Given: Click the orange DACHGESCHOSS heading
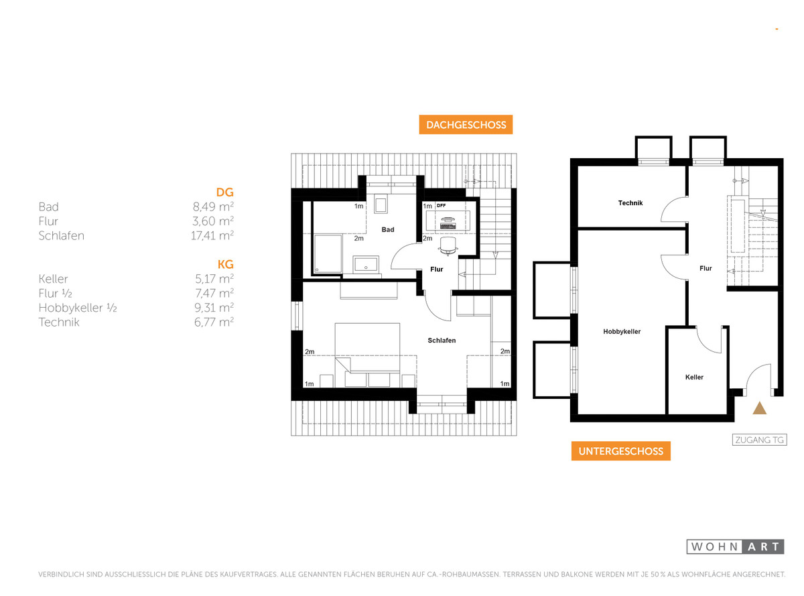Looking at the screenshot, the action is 466,125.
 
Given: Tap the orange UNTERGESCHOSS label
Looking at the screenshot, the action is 620,451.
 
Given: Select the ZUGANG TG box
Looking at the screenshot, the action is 759,440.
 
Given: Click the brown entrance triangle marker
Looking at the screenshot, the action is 759,408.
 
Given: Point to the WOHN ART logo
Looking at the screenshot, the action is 735,546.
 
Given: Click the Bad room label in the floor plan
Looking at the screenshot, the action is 387,230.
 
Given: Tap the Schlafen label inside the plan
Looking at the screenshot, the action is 442,341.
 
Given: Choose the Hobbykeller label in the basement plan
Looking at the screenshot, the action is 622,332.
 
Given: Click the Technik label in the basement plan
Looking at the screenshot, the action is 630,202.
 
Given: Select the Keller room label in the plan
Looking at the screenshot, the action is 694,377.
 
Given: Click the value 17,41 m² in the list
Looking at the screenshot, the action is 212,236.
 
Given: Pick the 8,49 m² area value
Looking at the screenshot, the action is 213,206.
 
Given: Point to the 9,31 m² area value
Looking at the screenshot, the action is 214,308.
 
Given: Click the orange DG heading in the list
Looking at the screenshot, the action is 224,192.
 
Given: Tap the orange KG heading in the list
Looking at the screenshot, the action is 225,264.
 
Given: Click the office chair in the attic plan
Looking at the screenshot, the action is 448,246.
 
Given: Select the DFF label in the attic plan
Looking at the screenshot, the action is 441,205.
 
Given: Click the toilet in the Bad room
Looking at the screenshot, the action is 381,204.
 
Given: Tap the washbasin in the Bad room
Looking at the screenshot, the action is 366,264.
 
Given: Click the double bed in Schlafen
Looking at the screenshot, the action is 367,355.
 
